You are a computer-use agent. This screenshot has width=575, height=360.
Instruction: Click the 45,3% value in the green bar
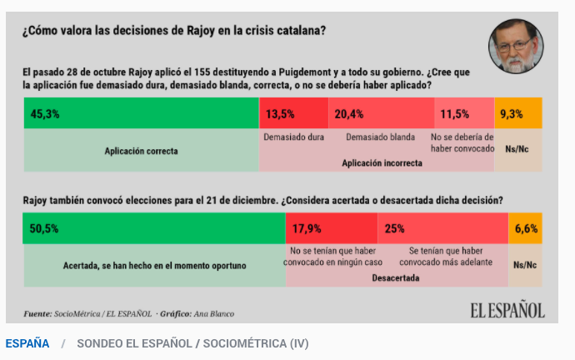(x=45, y=114)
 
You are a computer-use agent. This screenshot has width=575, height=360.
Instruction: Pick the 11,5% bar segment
(x=463, y=114)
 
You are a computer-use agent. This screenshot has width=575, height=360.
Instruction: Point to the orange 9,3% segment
(x=518, y=114)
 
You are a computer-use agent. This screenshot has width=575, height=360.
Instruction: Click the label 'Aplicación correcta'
(x=141, y=152)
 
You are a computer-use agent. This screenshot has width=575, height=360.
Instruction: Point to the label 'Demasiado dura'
(x=293, y=137)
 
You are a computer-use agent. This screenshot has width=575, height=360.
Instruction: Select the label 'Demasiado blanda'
(x=381, y=137)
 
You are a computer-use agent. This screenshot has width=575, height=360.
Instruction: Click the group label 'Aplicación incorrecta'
(x=382, y=163)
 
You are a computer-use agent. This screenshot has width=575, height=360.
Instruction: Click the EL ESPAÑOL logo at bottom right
(x=507, y=311)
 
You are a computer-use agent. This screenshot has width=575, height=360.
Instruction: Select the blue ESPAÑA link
(x=27, y=343)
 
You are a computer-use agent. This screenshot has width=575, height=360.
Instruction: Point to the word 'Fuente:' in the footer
(x=37, y=314)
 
